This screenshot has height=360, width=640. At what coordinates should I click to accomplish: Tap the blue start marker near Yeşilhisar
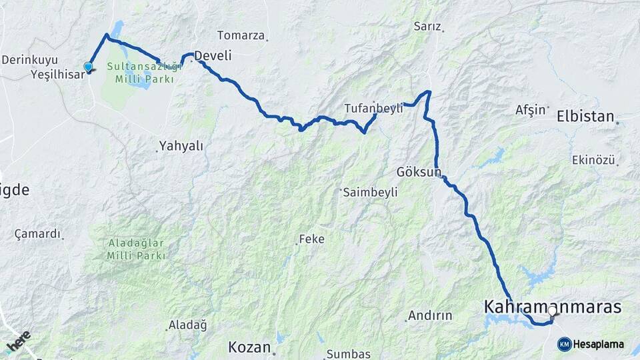tap(88, 66)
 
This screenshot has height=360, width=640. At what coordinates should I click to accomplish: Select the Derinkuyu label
tap(29, 59)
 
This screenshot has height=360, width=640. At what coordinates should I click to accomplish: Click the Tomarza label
tap(241, 35)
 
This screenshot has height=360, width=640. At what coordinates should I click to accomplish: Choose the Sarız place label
tap(427, 27)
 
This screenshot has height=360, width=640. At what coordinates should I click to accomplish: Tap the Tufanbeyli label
tap(373, 108)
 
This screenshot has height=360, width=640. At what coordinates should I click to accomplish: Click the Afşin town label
tap(531, 110)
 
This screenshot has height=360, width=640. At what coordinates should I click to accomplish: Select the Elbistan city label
tap(585, 116)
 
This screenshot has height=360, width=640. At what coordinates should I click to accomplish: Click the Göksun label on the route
tap(419, 172)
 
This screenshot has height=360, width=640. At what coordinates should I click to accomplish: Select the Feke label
tap(311, 239)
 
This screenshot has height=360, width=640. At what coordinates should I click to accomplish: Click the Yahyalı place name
tap(181, 145)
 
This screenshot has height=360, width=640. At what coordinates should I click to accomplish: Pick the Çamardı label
tap(37, 234)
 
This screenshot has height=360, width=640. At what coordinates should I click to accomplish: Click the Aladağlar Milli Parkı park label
tap(136, 250)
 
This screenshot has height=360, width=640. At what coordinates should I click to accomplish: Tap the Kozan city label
tap(249, 347)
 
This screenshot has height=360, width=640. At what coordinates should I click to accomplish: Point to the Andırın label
tap(430, 315)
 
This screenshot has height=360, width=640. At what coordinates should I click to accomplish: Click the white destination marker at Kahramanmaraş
tap(552, 310)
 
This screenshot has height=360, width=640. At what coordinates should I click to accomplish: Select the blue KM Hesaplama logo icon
tap(564, 344)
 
